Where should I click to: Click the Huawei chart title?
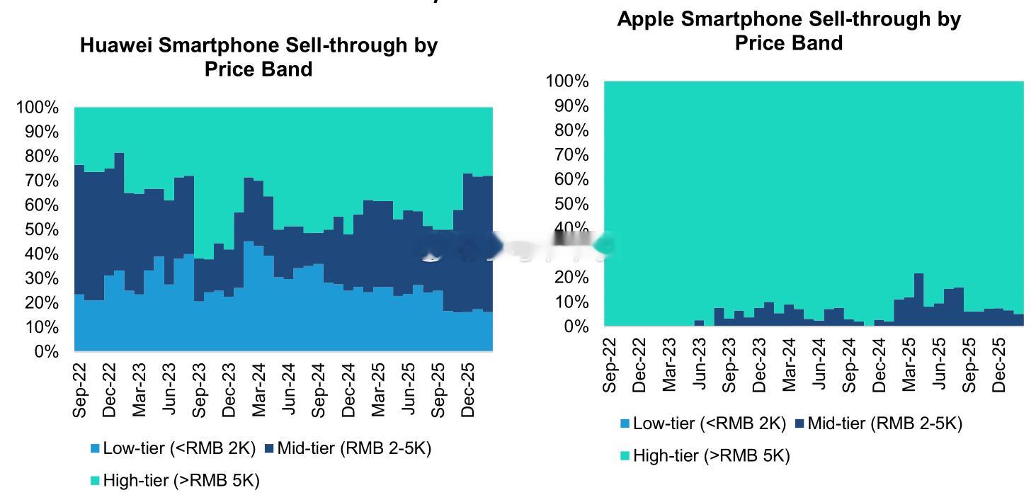(258, 57)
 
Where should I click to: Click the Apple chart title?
(789, 30)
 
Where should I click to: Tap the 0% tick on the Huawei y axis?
(47, 351)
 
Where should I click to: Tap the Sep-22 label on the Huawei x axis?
(80, 390)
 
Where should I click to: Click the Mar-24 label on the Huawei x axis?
(259, 390)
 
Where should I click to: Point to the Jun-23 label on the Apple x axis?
(700, 365)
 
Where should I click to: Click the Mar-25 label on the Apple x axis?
(909, 365)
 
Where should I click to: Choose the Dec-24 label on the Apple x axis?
(879, 365)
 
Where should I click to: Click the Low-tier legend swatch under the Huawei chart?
(95, 448)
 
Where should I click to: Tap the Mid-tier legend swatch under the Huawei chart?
(269, 448)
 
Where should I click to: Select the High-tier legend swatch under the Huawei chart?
(95, 481)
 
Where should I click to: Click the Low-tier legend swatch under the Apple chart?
(625, 424)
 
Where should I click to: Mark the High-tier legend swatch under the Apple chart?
(625, 456)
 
